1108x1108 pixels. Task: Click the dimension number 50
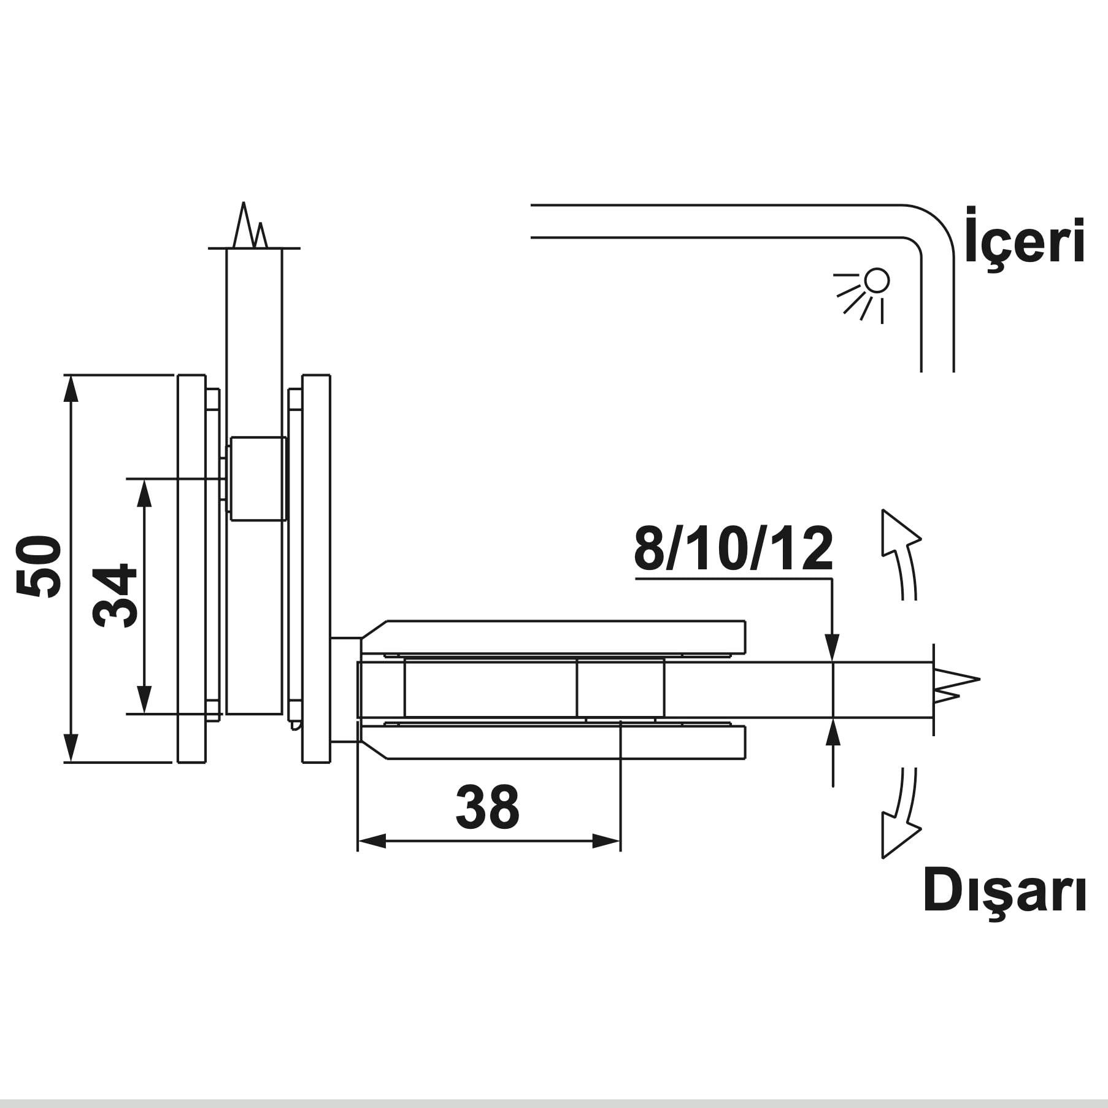pyautogui.click(x=38, y=566)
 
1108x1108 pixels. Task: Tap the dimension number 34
pyautogui.click(x=115, y=596)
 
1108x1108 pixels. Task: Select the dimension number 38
pyautogui.click(x=488, y=807)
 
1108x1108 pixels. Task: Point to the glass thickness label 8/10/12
pyautogui.click(x=734, y=548)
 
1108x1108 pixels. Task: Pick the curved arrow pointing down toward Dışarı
pyautogui.click(x=901, y=813)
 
